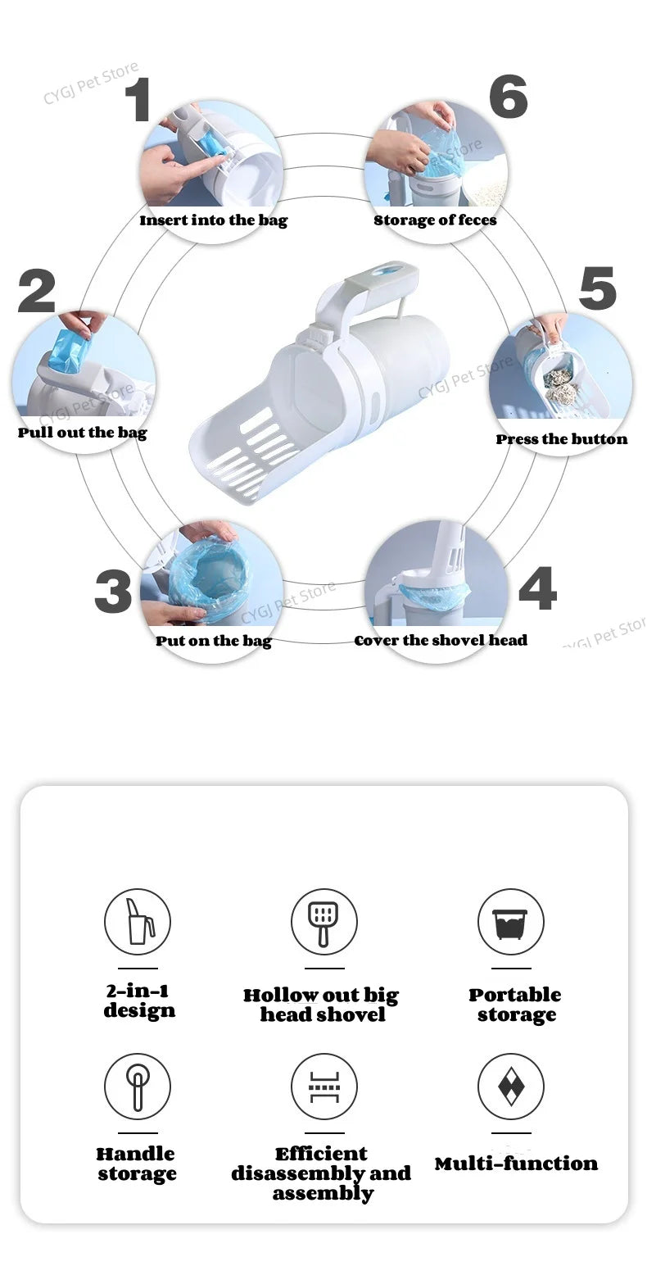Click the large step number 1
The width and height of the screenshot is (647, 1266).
(x=138, y=100)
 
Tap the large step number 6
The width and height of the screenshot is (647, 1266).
(x=508, y=97)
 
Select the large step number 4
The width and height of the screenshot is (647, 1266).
(x=537, y=588)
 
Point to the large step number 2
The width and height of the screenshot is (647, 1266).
(x=37, y=292)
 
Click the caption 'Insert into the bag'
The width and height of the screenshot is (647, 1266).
(x=213, y=220)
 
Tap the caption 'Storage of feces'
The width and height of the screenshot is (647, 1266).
(x=435, y=220)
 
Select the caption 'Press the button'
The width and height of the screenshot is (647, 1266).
(x=561, y=439)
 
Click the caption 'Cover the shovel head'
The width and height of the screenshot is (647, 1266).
(x=441, y=641)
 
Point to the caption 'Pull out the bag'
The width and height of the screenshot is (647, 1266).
(x=83, y=433)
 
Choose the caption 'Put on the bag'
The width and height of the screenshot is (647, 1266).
(x=213, y=641)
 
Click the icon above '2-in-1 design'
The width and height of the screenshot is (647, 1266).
(x=138, y=922)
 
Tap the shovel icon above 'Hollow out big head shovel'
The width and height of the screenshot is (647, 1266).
(x=323, y=922)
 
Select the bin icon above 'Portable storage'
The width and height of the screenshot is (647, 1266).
(x=510, y=922)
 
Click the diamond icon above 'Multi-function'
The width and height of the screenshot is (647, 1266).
(x=510, y=1087)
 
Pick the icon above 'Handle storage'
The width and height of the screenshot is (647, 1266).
(x=138, y=1087)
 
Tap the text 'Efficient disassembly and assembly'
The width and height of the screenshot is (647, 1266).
(x=321, y=1173)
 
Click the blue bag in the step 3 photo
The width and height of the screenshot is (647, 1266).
(x=211, y=574)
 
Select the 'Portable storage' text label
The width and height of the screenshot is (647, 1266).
(x=515, y=1005)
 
